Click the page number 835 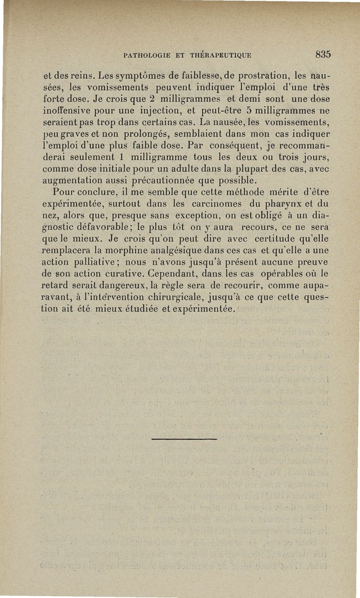tap(323, 54)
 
